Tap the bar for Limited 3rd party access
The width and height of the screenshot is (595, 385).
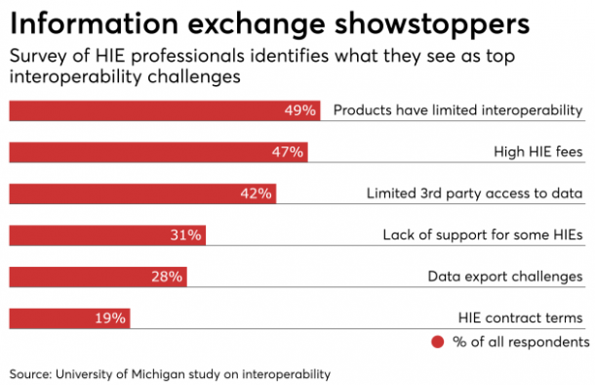tap(142, 193)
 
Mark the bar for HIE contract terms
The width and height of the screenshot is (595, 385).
tap(69, 318)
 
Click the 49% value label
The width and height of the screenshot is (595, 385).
tap(299, 110)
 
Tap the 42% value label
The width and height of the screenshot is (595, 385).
tap(256, 193)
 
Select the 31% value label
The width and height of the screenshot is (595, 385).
tap(185, 235)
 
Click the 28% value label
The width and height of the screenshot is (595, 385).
tap(167, 277)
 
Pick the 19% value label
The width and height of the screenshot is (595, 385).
tap(110, 318)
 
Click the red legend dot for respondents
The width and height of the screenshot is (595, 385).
tap(436, 342)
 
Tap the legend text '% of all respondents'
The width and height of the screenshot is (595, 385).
tap(520, 342)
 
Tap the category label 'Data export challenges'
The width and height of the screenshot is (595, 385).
tap(505, 277)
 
